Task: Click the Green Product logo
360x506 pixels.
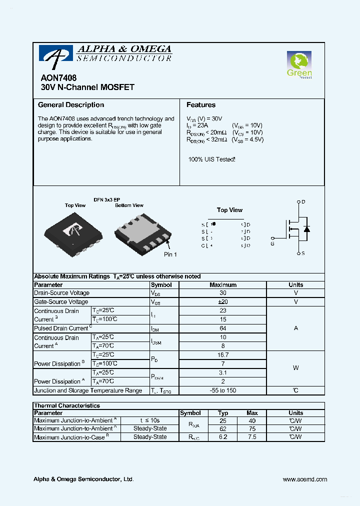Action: point(299,65)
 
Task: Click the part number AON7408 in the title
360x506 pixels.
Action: point(56,78)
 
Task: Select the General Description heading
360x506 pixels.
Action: point(71,105)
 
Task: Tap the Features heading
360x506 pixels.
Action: point(201,105)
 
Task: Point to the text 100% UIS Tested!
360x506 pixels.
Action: point(211,159)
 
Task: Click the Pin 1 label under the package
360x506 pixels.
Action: point(170,254)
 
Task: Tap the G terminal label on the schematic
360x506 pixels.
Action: point(272,244)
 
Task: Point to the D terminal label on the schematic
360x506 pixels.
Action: point(303,202)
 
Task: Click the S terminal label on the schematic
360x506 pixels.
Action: point(303,253)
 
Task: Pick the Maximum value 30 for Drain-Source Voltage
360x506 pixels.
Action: point(223,293)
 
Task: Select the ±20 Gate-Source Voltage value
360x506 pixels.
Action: point(223,302)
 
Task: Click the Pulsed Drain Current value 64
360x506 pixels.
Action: point(223,328)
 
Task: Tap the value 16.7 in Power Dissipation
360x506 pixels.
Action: point(223,355)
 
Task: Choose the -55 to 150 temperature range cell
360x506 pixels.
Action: point(223,390)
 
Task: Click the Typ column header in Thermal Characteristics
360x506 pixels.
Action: point(223,413)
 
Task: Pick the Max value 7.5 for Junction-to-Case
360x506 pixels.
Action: point(252,437)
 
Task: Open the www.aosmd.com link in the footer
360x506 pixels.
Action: point(304,479)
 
